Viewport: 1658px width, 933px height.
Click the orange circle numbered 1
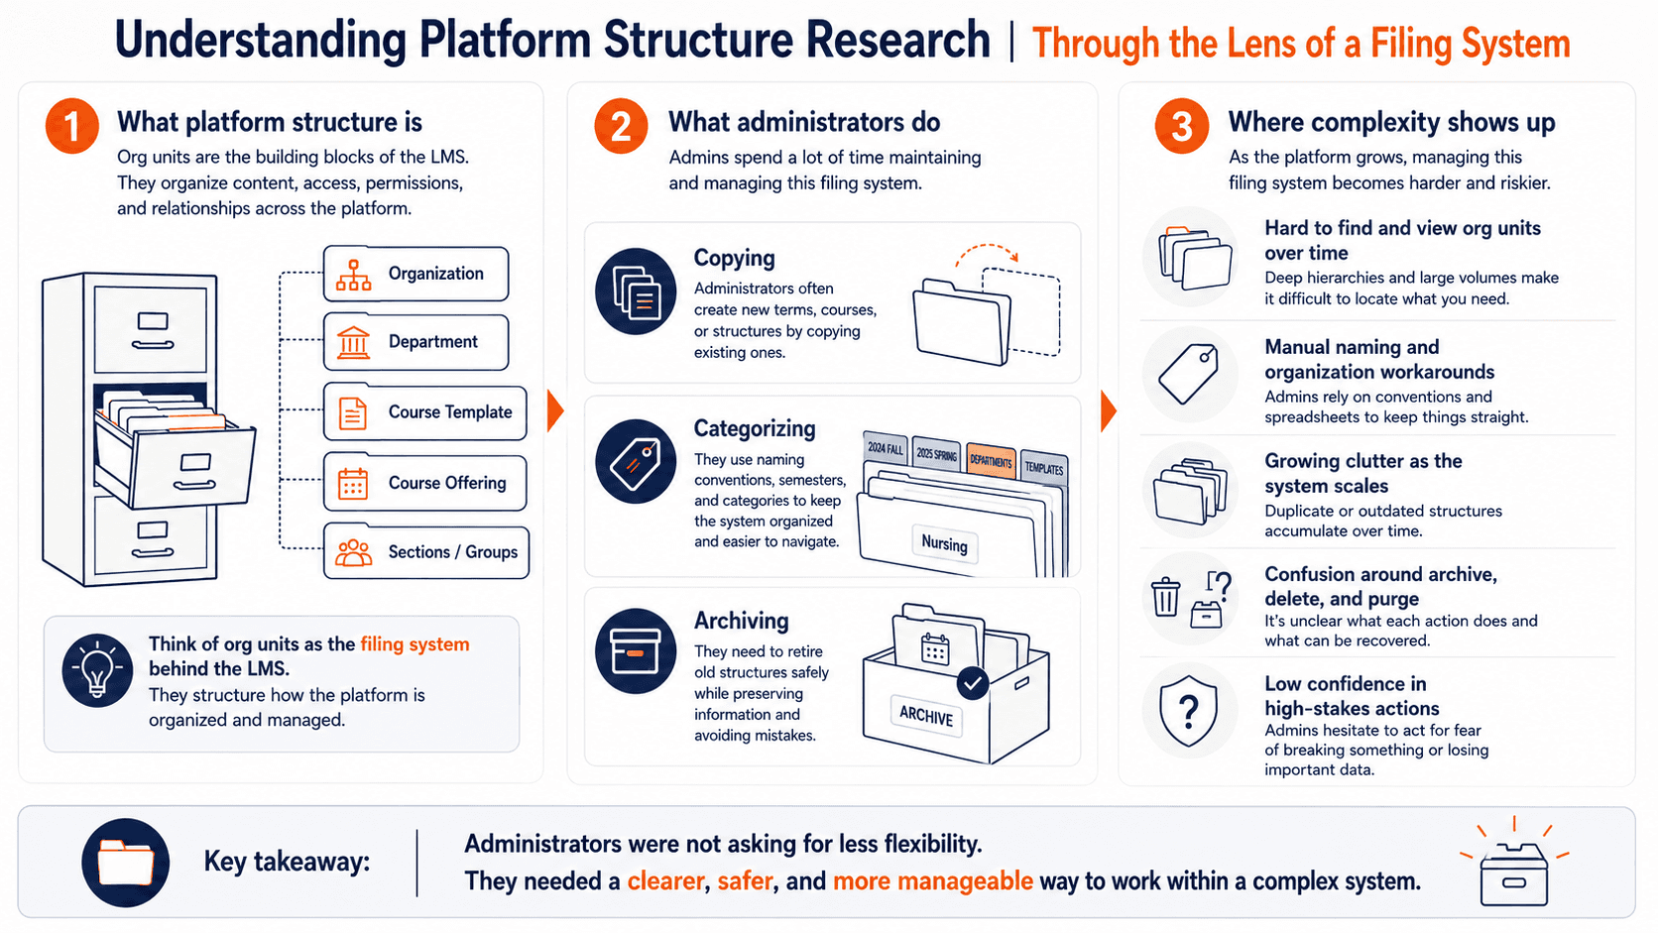click(x=71, y=126)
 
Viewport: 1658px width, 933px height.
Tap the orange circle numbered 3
click(x=1182, y=126)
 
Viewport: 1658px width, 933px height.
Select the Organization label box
click(x=415, y=274)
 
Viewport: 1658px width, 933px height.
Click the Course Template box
click(x=424, y=412)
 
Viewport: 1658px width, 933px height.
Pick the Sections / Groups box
click(x=426, y=552)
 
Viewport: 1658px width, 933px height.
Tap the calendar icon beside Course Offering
click(x=353, y=484)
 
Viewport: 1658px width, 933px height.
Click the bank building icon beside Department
click(x=353, y=343)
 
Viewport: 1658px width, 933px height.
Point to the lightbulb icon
click(x=97, y=670)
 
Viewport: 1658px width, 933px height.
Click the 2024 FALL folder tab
click(x=886, y=448)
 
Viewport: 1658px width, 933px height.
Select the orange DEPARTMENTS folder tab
click(x=991, y=461)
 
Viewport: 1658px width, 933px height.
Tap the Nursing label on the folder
click(x=944, y=543)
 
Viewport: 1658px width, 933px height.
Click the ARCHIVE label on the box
click(x=926, y=715)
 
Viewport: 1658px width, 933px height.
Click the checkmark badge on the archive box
click(x=973, y=683)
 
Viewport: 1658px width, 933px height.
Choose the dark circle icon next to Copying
click(x=636, y=292)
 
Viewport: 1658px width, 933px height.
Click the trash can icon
click(x=1165, y=596)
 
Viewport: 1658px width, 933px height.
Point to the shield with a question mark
click(x=1189, y=711)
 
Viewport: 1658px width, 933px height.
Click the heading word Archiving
click(x=741, y=621)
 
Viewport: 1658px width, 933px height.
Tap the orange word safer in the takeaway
click(x=746, y=881)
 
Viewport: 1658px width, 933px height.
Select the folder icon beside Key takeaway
click(x=126, y=863)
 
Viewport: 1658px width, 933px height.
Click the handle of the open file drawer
click(x=194, y=486)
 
